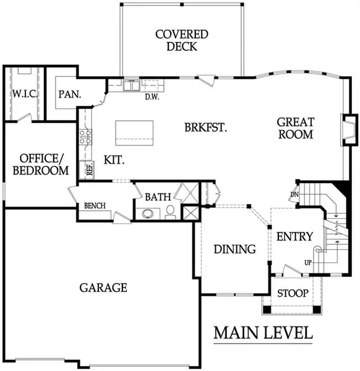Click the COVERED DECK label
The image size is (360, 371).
182,40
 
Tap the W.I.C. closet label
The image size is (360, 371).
25,94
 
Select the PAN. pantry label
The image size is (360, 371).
70,94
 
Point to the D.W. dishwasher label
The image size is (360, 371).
152,96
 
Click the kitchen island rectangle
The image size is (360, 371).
134,133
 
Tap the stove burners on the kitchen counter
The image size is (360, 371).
85,137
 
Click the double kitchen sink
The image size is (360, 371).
131,85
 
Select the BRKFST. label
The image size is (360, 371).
206,127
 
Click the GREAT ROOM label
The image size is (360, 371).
296,128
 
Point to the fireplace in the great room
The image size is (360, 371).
349,130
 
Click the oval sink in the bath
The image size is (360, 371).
148,214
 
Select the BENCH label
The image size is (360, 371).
95,206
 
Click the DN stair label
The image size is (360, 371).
294,195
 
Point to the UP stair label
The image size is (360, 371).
308,263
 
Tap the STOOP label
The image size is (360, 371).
293,293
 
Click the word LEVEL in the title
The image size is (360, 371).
288,333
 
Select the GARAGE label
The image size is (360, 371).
103,288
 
